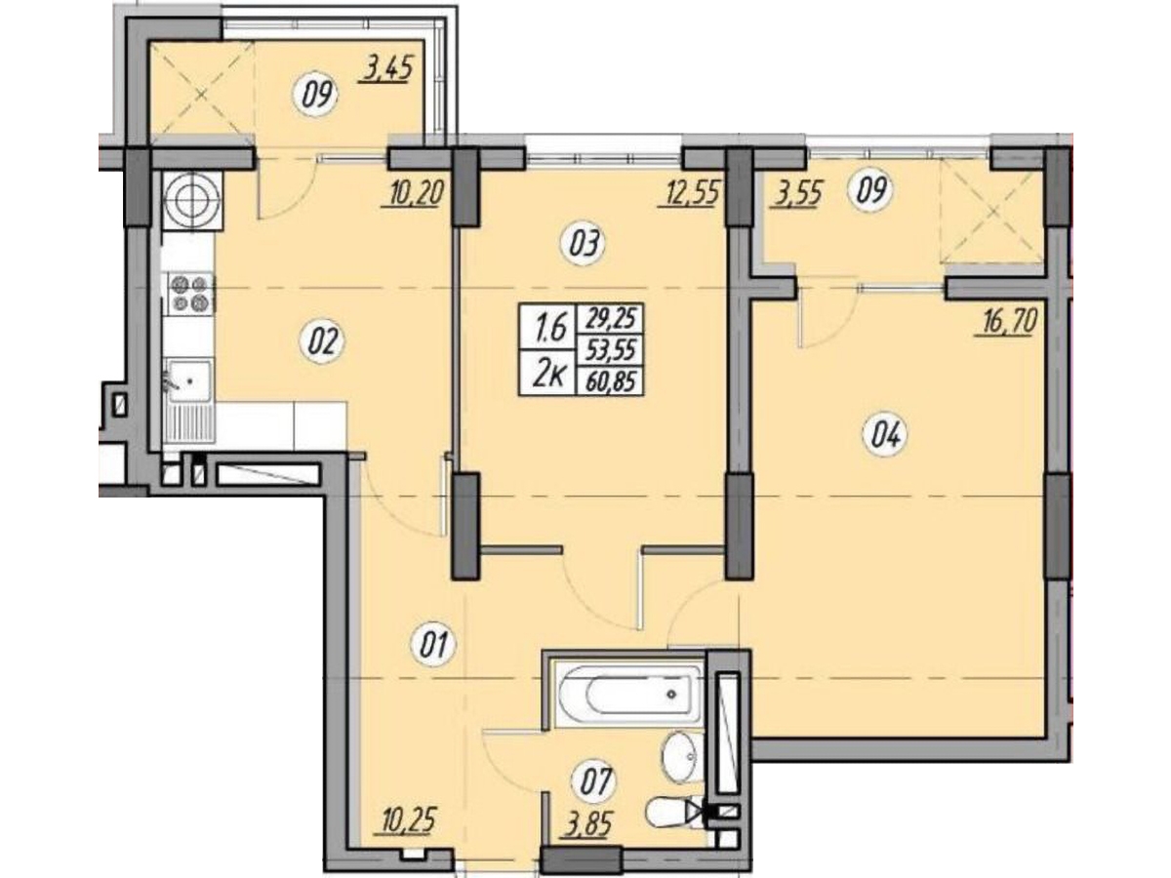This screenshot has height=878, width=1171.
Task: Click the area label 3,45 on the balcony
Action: tap(386, 70)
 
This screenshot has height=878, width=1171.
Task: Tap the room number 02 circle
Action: tap(323, 341)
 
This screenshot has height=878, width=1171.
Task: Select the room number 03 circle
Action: tap(584, 244)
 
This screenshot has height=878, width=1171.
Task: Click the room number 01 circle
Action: tap(433, 646)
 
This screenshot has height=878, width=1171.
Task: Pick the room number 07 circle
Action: tap(593, 783)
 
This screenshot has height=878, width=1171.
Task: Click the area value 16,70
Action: tap(1006, 322)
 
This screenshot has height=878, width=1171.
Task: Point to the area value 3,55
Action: tap(794, 195)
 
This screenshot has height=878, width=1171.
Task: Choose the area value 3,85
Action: tap(585, 827)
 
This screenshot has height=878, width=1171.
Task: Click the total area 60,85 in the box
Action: tap(611, 381)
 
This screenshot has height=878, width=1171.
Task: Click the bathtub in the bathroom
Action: tap(627, 694)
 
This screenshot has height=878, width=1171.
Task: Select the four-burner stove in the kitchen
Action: tap(190, 294)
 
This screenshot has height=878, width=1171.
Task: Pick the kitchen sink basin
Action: tap(190, 380)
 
